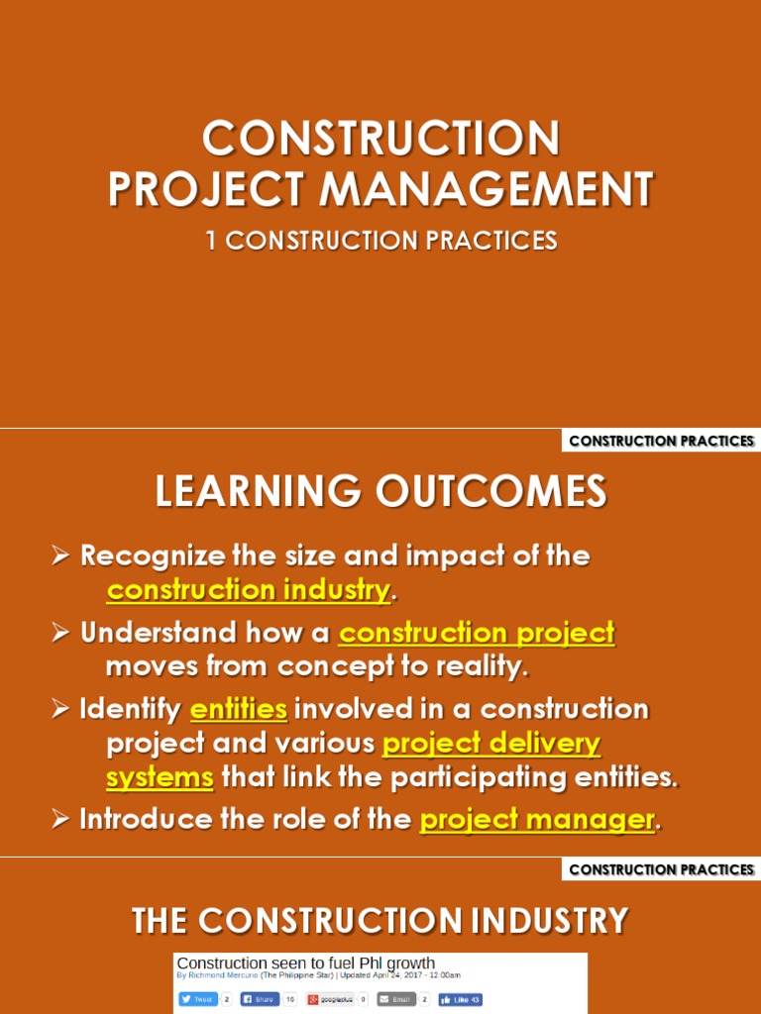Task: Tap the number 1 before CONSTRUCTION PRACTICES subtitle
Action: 211,241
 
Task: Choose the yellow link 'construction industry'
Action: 248,590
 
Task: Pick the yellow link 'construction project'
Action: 477,633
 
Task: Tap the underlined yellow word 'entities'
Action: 239,709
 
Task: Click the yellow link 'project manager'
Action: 537,819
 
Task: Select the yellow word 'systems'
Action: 160,777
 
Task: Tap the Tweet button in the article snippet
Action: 197,999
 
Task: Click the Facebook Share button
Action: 261,999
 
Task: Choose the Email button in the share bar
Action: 396,999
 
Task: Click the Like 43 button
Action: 461,999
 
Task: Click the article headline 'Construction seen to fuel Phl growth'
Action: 305,963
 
